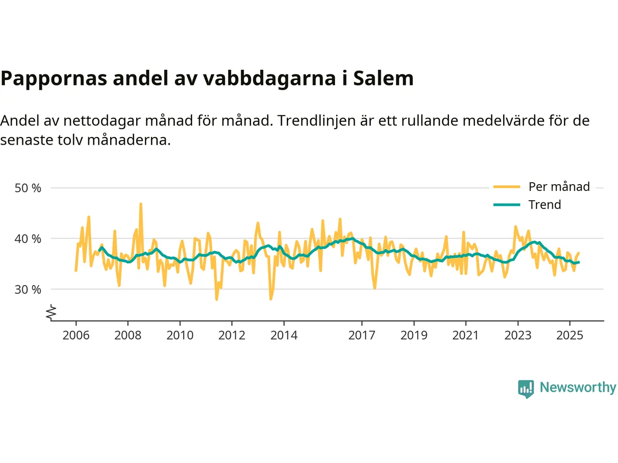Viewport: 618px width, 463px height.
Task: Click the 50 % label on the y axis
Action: (x=28, y=188)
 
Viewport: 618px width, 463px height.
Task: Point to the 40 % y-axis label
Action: (x=28, y=239)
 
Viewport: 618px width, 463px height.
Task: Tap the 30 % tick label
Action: (x=28, y=290)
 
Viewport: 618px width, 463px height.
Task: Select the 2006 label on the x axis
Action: (x=76, y=335)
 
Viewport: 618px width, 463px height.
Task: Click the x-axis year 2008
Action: (x=128, y=335)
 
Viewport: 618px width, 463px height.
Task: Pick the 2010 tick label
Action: (x=180, y=335)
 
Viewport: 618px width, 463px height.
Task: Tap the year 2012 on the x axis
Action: (x=232, y=335)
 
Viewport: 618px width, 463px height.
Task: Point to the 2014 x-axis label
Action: (x=284, y=335)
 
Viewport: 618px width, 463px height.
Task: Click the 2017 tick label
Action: (x=362, y=335)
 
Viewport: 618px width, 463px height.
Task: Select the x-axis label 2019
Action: (x=414, y=335)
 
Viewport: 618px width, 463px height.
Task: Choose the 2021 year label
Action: (x=465, y=335)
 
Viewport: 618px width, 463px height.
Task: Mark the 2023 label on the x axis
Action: (x=518, y=335)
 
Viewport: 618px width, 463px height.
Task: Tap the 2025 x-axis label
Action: (x=570, y=335)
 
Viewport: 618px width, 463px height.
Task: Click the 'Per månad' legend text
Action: (x=559, y=187)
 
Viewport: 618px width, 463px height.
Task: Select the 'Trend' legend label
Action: (x=545, y=204)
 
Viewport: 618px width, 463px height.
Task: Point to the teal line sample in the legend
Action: (x=506, y=205)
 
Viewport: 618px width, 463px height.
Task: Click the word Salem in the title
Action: (x=383, y=78)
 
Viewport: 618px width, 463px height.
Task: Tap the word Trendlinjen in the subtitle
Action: (x=317, y=120)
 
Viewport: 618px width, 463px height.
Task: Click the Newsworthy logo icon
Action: (x=526, y=388)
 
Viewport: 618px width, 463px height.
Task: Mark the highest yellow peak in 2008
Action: (x=140, y=204)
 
